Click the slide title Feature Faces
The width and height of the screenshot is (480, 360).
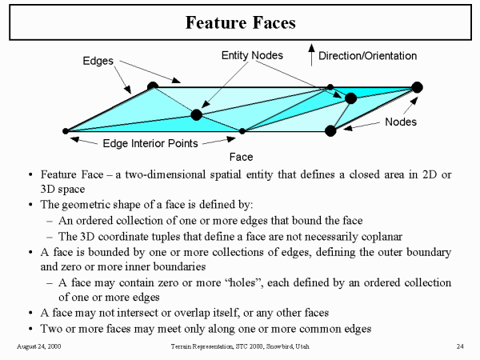coord(240,22)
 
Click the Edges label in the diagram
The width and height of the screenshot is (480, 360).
coord(99,61)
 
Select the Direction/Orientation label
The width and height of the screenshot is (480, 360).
coord(367,56)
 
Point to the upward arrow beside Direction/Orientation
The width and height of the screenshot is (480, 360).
coord(311,54)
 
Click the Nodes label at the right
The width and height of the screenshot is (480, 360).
coord(401,122)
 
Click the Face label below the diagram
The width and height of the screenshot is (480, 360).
coord(241,158)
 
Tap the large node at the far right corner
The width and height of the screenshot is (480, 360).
coord(417,86)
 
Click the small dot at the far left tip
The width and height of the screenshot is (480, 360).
coord(66,131)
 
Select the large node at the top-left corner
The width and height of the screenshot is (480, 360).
coord(153,86)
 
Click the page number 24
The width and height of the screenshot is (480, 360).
coord(460,346)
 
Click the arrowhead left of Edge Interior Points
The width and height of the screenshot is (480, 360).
coord(74,141)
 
